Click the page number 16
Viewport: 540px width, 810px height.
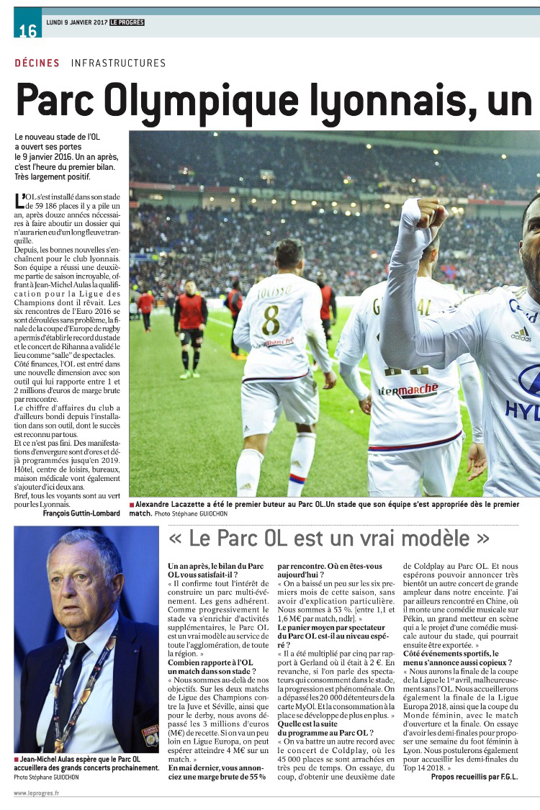coord(27,31)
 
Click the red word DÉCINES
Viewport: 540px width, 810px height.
coord(37,63)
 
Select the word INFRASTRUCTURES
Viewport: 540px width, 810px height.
coord(118,63)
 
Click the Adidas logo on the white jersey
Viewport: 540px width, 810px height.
coord(521,333)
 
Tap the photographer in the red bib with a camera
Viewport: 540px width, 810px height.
coord(190,324)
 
